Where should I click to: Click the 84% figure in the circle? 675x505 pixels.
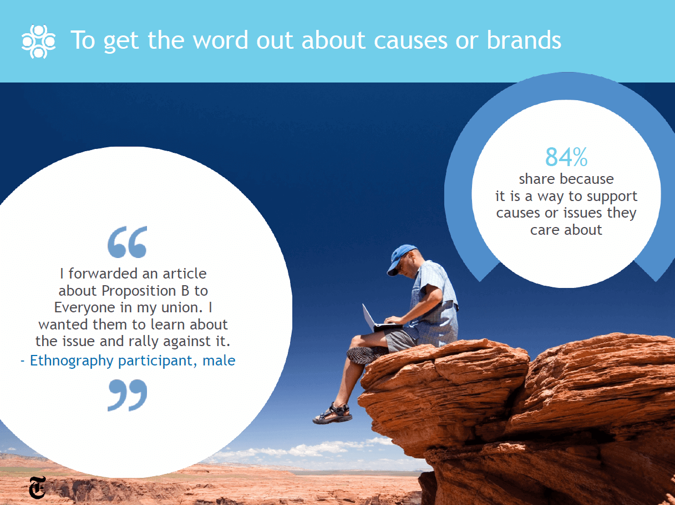pyautogui.click(x=566, y=157)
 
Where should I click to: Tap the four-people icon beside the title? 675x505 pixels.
pyautogui.click(x=38, y=42)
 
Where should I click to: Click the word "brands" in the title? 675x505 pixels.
pyautogui.click(x=524, y=40)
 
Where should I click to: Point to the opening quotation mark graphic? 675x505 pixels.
pyautogui.click(x=128, y=242)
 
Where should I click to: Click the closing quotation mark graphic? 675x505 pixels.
pyautogui.click(x=128, y=395)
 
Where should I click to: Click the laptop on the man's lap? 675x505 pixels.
pyautogui.click(x=380, y=318)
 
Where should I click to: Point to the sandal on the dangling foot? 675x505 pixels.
pyautogui.click(x=332, y=414)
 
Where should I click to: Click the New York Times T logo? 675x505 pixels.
pyautogui.click(x=38, y=487)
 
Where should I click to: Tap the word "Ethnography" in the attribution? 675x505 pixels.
pyautogui.click(x=72, y=361)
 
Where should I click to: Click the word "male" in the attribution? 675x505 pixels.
pyautogui.click(x=219, y=360)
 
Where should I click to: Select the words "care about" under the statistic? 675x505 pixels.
pyautogui.click(x=566, y=230)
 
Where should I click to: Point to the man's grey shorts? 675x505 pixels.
pyautogui.click(x=400, y=340)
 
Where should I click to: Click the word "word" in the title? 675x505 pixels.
pyautogui.click(x=220, y=40)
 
